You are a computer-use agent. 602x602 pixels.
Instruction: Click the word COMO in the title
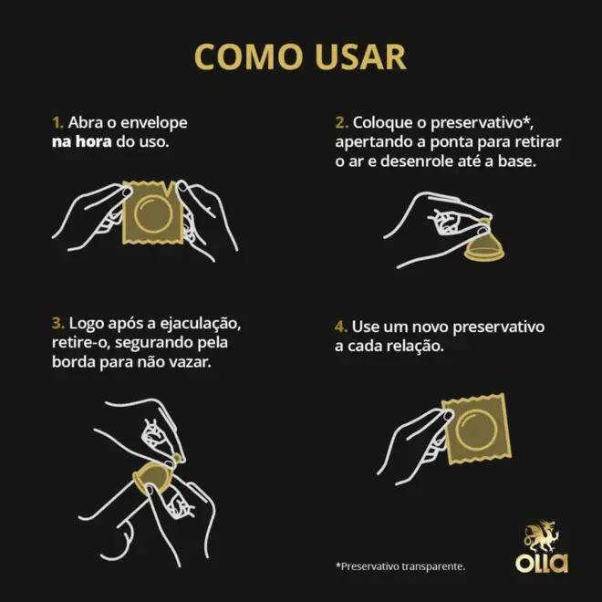pyautogui.click(x=248, y=57)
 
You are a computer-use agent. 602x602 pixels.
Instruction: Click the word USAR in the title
pyautogui.click(x=360, y=57)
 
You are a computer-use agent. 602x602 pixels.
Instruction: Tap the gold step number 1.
pyautogui.click(x=57, y=123)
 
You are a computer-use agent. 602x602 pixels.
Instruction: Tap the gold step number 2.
pyautogui.click(x=341, y=123)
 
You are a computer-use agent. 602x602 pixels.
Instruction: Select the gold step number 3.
pyautogui.click(x=58, y=323)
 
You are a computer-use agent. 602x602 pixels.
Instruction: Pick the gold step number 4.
pyautogui.click(x=341, y=327)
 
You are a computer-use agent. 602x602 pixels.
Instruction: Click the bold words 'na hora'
pyautogui.click(x=82, y=141)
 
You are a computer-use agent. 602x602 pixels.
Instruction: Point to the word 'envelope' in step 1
pyautogui.click(x=154, y=123)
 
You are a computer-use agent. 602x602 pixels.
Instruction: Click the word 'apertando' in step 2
pyautogui.click(x=377, y=143)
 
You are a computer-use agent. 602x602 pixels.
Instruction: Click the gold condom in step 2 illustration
pyautogui.click(x=484, y=243)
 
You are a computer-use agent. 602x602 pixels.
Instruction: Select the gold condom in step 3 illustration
pyautogui.click(x=153, y=476)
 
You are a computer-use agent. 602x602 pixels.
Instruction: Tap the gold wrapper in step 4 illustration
pyautogui.click(x=476, y=429)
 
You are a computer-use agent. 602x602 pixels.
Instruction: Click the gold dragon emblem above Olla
pyautogui.click(x=542, y=535)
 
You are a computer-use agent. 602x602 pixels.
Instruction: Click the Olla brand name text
pyautogui.click(x=542, y=563)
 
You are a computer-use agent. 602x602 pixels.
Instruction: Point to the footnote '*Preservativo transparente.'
pyautogui.click(x=400, y=566)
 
